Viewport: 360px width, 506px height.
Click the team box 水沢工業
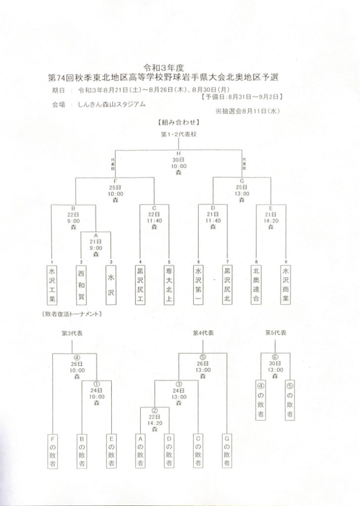pos(52,286)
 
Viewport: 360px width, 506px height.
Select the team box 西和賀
pos(82,286)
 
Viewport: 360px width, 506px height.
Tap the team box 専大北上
pos(169,286)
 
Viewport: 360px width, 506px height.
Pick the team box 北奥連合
pos(256,286)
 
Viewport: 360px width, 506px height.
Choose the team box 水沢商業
pos(285,286)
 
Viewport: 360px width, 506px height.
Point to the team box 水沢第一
pos(198,286)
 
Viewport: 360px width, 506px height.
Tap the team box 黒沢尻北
pos(227,286)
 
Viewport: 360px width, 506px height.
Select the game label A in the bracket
pos(95,236)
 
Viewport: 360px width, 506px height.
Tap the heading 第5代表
pos(275,333)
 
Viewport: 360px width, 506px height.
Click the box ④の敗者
pos(261,400)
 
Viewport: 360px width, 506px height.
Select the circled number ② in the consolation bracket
pos(154,410)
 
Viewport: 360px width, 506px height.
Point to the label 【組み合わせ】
pos(179,122)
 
